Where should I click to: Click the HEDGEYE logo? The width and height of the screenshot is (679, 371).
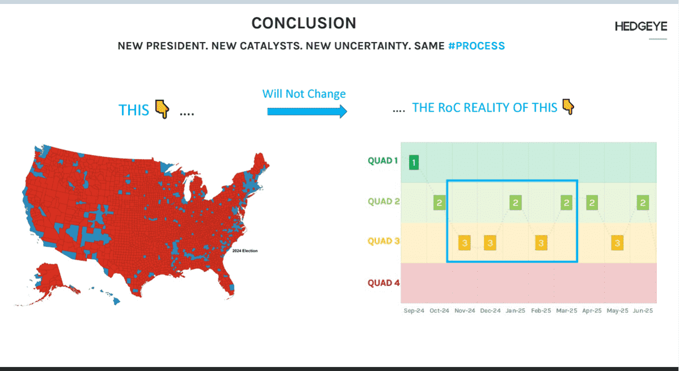[x=641, y=27]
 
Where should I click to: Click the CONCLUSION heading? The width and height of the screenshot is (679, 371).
[x=304, y=23]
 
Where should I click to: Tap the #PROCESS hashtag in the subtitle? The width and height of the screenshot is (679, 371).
[x=476, y=46]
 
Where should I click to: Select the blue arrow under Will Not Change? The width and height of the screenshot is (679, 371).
[x=307, y=111]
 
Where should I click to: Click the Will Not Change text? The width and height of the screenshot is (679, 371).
[x=304, y=94]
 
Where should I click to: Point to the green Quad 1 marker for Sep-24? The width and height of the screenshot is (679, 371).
[x=414, y=162]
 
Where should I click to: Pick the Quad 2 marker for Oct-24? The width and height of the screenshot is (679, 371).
[x=439, y=203]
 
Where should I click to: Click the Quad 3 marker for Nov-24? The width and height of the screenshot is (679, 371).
[x=465, y=243]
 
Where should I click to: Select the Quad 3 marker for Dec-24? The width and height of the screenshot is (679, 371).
[x=490, y=243]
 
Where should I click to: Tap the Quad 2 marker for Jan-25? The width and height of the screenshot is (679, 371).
[x=515, y=203]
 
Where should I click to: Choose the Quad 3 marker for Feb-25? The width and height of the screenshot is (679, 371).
[x=541, y=243]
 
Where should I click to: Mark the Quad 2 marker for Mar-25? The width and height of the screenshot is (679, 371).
[x=566, y=203]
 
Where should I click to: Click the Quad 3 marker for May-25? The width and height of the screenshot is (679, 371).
[x=617, y=243]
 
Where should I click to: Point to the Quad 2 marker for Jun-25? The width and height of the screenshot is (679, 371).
[x=643, y=203]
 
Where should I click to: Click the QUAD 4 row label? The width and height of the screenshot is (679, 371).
[x=384, y=283]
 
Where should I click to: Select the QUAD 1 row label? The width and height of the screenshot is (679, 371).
[x=383, y=161]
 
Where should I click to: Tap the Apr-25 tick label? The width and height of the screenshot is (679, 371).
[x=592, y=311]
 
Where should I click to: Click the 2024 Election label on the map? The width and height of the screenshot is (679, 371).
[x=245, y=251]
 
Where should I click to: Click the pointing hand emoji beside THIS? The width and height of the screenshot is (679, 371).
[x=163, y=109]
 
